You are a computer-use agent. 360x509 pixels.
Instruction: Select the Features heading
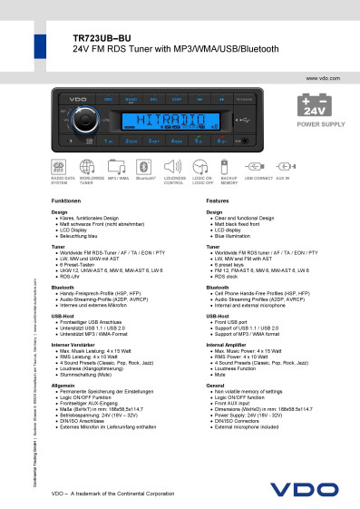tap(219, 199)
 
